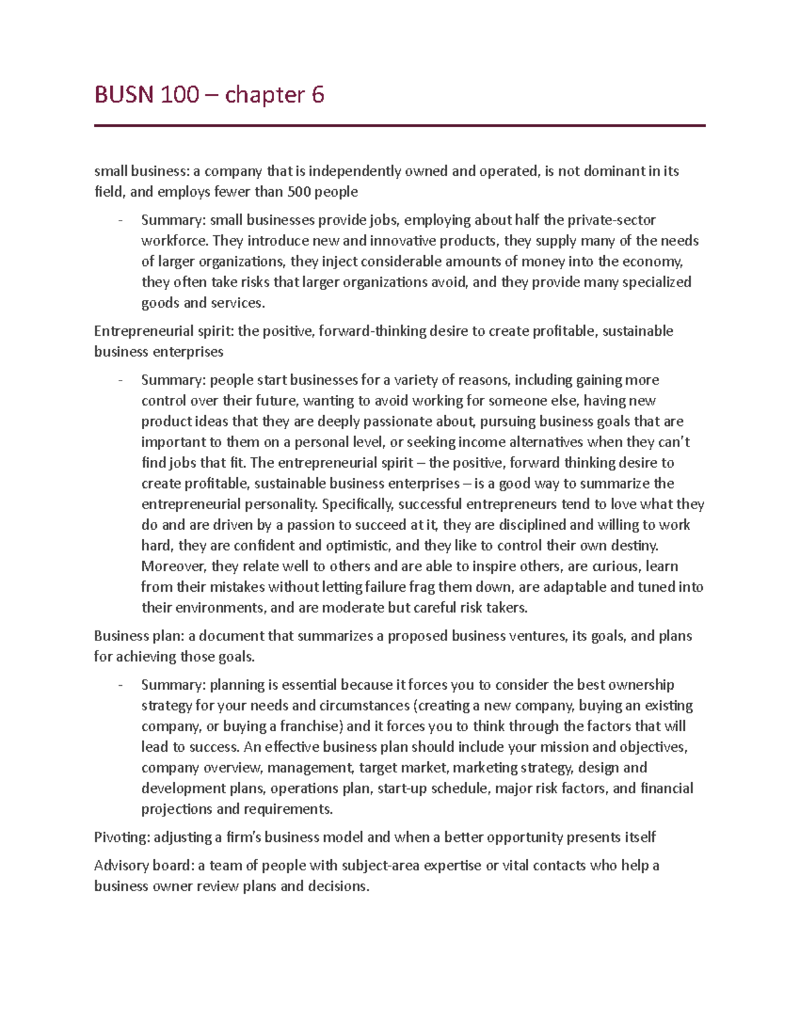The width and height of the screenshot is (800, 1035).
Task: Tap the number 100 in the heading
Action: [179, 95]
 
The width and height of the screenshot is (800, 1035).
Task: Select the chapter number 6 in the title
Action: [317, 95]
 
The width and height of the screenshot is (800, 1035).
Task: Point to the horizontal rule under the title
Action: [399, 125]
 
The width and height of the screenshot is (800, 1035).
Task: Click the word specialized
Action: [656, 282]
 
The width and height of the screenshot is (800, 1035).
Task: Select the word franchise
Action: [311, 726]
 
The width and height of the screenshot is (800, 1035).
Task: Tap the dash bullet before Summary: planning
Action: [120, 685]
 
